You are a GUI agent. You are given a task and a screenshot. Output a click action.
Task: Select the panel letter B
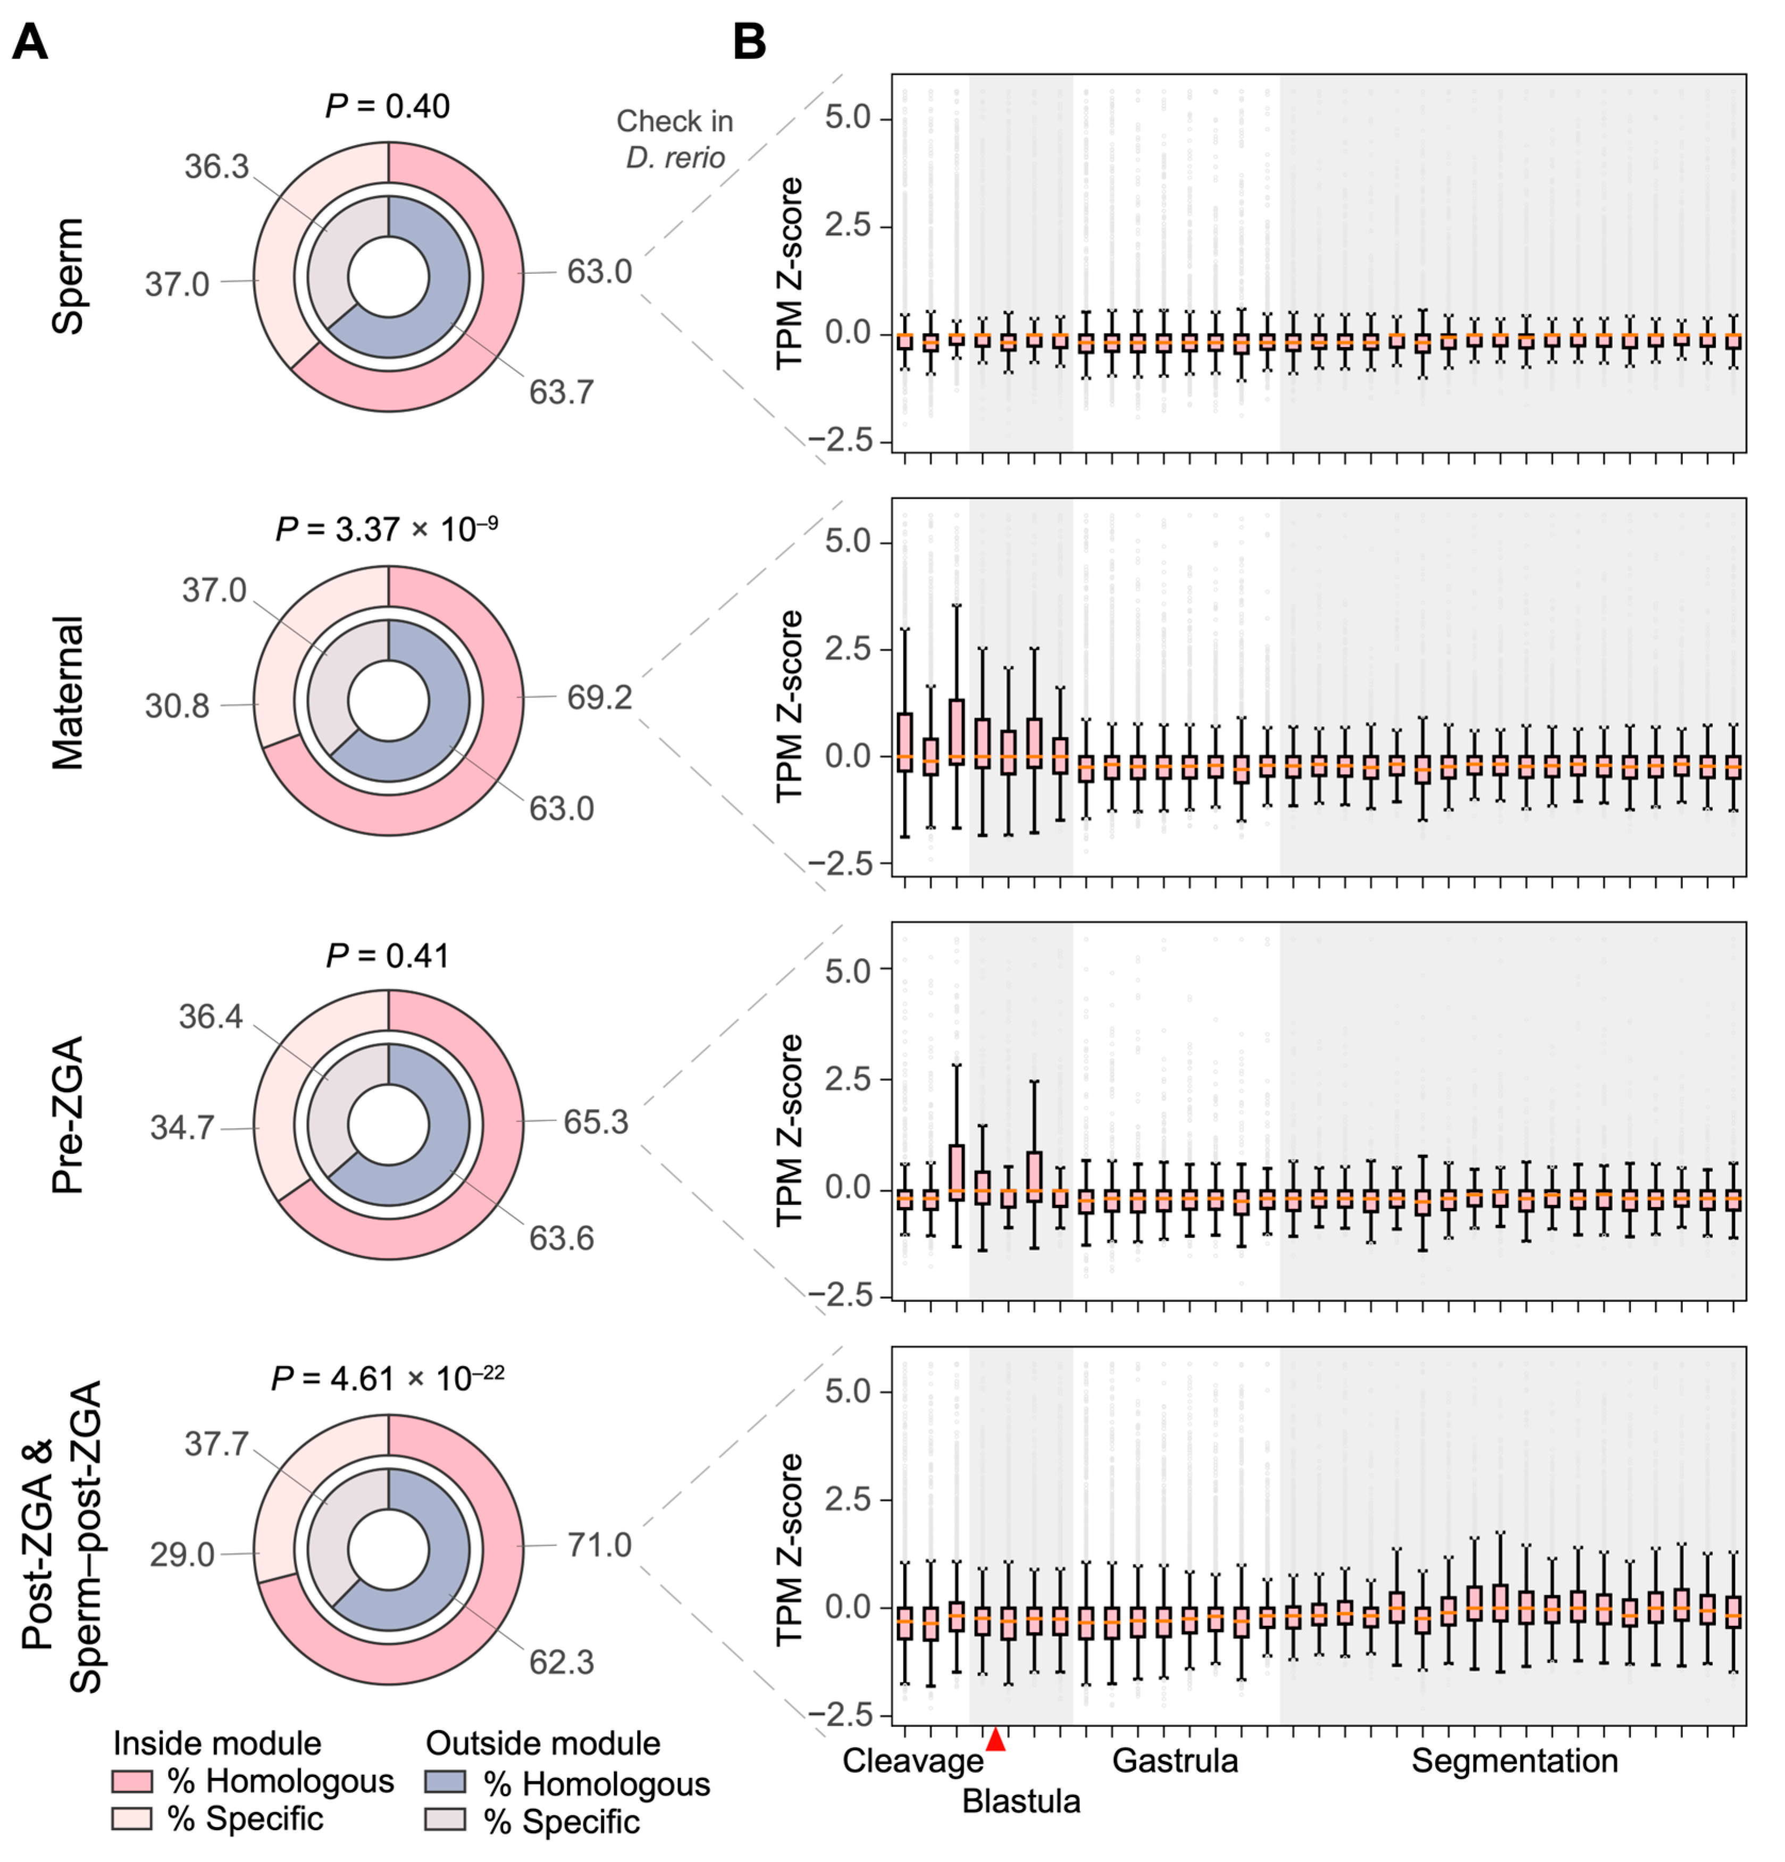pyautogui.click(x=750, y=43)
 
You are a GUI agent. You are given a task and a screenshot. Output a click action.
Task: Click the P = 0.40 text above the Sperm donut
pyautogui.click(x=388, y=106)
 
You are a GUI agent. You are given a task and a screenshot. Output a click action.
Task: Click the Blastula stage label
pyautogui.click(x=1021, y=1801)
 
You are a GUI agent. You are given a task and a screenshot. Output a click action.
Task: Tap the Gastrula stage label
pyautogui.click(x=1175, y=1760)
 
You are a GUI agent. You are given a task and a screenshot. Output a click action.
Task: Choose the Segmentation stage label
pyautogui.click(x=1514, y=1760)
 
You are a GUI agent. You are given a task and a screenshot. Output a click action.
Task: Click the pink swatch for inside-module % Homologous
pyautogui.click(x=131, y=1780)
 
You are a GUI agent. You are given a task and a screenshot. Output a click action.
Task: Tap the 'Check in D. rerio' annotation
pyautogui.click(x=674, y=139)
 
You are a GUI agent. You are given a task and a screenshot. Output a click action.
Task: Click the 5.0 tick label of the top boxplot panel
pyautogui.click(x=848, y=119)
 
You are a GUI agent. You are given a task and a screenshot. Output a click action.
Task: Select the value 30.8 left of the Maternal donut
pyautogui.click(x=177, y=706)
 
